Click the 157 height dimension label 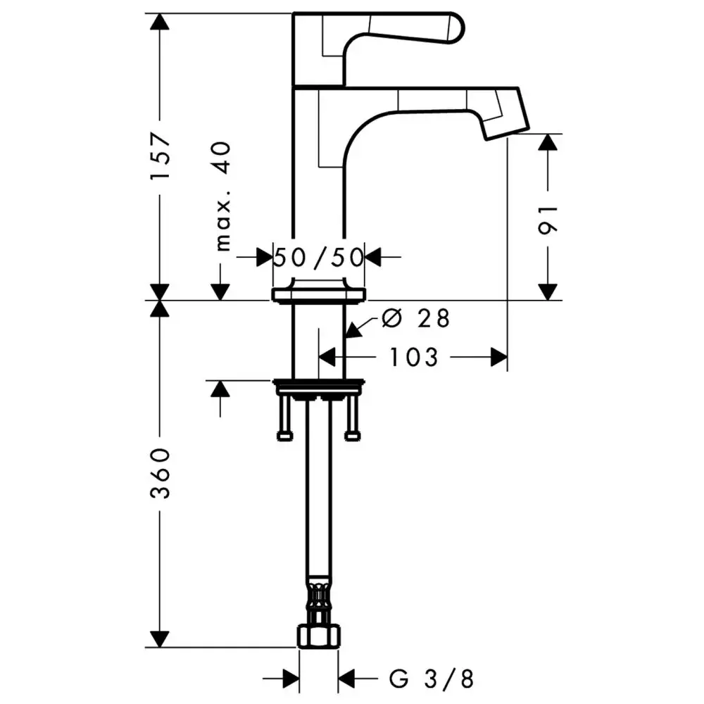pyautogui.click(x=161, y=156)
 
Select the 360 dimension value pyautogui.click(x=161, y=472)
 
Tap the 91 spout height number pyautogui.click(x=548, y=219)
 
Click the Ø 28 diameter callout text pyautogui.click(x=415, y=319)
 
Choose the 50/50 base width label pyautogui.click(x=318, y=257)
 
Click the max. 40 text pyautogui.click(x=222, y=196)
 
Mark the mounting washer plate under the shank pyautogui.click(x=318, y=386)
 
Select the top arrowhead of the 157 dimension pyautogui.click(x=161, y=21)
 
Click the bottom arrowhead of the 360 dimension pyautogui.click(x=161, y=639)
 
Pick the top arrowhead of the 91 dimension pyautogui.click(x=548, y=142)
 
